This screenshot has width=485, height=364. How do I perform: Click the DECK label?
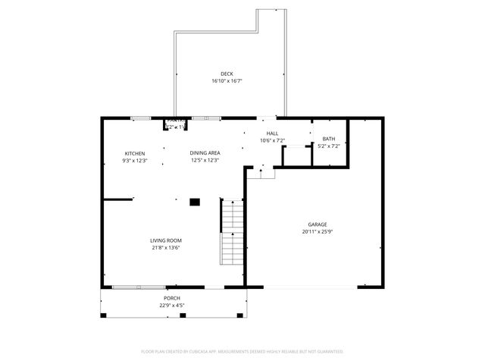tap(227, 74)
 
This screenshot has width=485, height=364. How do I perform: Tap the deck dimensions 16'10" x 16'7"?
tap(227, 80)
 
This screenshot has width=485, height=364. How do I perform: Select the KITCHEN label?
tap(135, 154)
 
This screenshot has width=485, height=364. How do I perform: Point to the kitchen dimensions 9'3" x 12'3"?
tap(135, 161)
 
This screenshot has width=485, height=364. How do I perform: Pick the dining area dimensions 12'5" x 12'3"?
tap(205, 161)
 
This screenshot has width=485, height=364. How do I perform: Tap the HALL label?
tap(271, 133)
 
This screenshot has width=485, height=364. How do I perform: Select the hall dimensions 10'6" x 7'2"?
tap(271, 140)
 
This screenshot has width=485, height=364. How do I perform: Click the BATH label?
tap(328, 139)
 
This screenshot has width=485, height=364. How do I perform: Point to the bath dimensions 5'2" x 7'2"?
tap(328, 146)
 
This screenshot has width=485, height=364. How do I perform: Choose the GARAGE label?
tap(317, 224)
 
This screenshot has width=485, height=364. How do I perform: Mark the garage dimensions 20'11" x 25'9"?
tap(317, 231)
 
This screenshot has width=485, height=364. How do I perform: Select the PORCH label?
tap(172, 299)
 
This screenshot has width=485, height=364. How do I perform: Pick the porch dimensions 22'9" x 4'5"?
tap(172, 306)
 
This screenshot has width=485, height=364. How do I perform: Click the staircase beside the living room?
tap(231, 231)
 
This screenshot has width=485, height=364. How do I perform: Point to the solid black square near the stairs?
tap(195, 202)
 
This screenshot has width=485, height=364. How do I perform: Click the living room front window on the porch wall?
tap(138, 287)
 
